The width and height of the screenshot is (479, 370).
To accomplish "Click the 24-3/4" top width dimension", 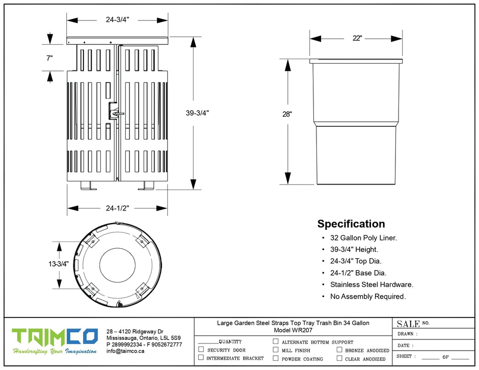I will (x=117, y=20).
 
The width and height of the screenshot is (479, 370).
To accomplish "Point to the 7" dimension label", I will (x=49, y=58).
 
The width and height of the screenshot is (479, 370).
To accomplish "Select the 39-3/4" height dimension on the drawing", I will (x=197, y=113).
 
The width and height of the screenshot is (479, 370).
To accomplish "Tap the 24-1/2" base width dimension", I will (x=117, y=208).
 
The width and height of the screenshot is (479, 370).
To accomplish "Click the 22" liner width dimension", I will (x=356, y=39).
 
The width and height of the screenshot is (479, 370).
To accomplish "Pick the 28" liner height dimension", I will (x=287, y=114).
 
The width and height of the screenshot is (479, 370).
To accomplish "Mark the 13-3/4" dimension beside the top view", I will (x=59, y=264).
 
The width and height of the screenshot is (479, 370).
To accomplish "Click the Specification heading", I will (x=351, y=224).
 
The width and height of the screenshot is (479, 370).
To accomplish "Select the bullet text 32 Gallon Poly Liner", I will (x=363, y=237).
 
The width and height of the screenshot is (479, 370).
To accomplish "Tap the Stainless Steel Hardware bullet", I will (x=371, y=285).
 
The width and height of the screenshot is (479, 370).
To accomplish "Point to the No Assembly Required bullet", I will (x=368, y=297).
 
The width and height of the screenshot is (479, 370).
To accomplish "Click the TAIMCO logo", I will (x=55, y=337).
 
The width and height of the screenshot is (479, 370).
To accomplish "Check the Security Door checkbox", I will (x=201, y=350).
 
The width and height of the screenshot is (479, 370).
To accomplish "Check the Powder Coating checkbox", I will (x=276, y=358).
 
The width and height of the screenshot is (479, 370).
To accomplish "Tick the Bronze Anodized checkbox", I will (x=339, y=350).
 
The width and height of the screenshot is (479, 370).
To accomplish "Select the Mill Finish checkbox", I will (x=276, y=350).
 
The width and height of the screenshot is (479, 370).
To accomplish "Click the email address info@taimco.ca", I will (x=125, y=351).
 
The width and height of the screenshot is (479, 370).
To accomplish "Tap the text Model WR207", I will (x=293, y=330).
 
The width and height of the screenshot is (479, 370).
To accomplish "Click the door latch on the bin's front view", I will (x=115, y=109).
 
